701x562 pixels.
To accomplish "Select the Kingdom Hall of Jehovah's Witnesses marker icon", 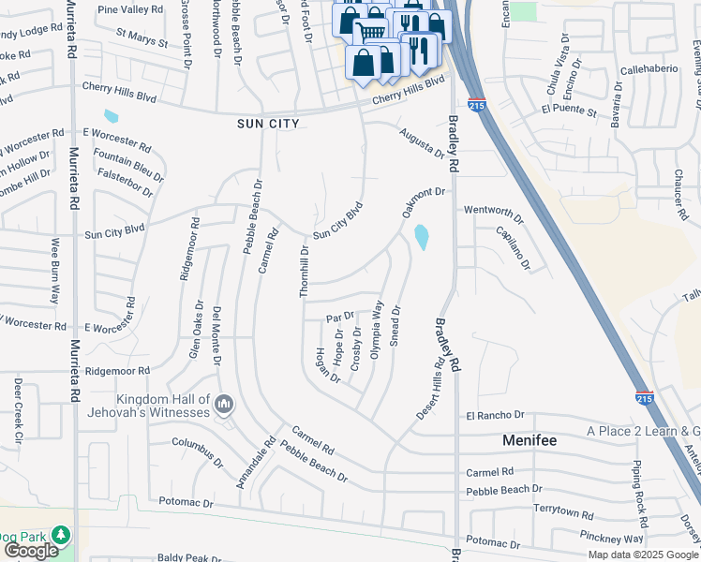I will [x=223, y=405].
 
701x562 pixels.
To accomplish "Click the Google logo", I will [x=31, y=551].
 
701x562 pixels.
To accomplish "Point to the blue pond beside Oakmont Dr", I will [x=423, y=237].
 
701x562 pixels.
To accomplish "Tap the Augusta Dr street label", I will [x=421, y=144].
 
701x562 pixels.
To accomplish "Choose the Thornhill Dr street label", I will [x=304, y=271].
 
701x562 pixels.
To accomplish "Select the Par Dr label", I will [x=340, y=317].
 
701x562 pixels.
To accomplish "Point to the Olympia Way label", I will [x=377, y=330].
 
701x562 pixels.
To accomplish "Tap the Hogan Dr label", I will [x=327, y=364].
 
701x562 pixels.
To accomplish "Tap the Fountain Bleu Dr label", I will [x=129, y=166].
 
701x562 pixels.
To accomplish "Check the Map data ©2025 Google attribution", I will [x=643, y=555].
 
